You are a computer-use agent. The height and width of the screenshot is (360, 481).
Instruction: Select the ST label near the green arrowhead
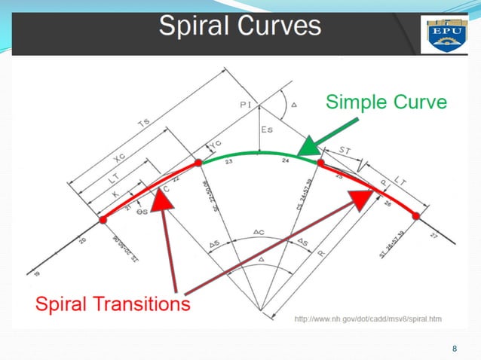click(x=345, y=152)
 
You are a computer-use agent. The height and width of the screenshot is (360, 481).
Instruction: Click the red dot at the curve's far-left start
click(x=102, y=221)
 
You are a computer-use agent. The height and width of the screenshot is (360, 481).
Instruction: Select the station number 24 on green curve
click(x=285, y=161)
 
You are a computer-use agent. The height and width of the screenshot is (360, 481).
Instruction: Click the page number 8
click(x=454, y=348)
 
